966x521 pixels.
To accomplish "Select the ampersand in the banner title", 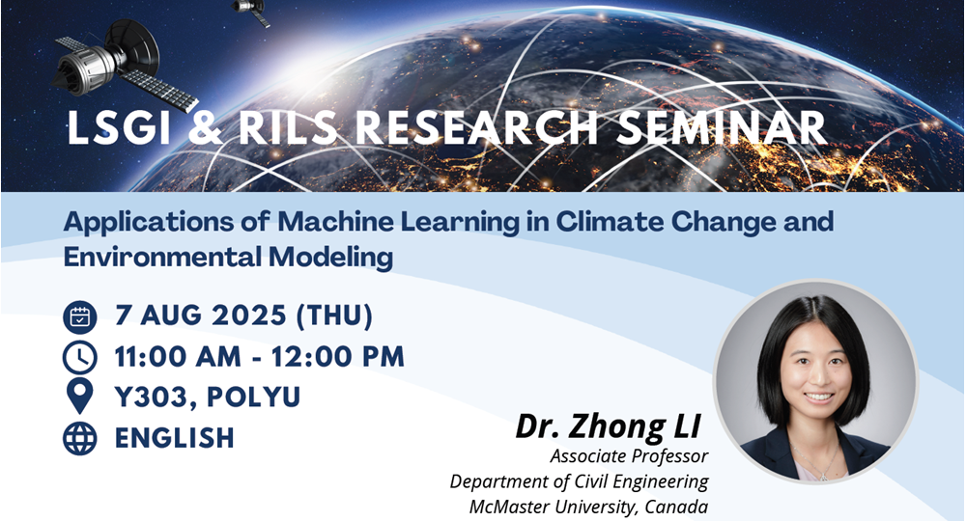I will [203, 129].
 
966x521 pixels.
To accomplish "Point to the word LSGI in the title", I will [120, 129].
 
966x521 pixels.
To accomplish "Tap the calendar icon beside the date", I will [79, 316].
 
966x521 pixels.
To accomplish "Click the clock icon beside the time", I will [79, 357].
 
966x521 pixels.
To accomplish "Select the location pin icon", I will [79, 397].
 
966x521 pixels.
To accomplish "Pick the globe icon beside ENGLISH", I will [79, 438].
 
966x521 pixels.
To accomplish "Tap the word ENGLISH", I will [175, 438].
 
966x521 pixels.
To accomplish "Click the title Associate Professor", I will [629, 456].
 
